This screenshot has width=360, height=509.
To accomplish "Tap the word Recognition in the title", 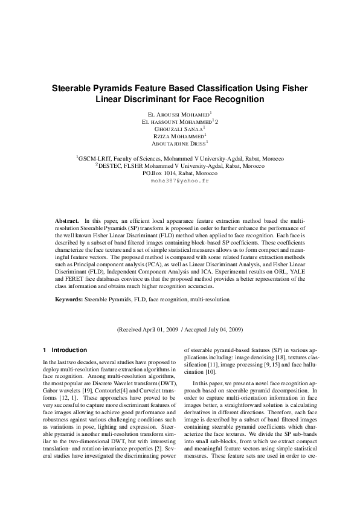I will click(x=239, y=98).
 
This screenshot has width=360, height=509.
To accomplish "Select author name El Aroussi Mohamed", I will click(x=179, y=114).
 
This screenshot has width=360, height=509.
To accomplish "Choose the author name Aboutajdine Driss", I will click(x=179, y=144).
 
